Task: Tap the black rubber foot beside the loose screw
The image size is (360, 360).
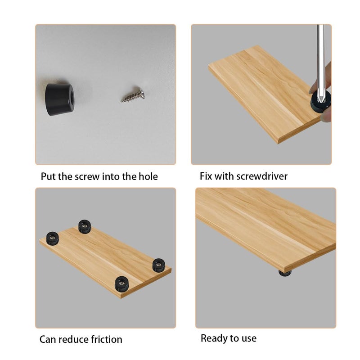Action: [59, 99]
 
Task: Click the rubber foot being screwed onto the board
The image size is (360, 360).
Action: [320, 101]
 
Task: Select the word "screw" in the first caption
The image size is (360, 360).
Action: [87, 177]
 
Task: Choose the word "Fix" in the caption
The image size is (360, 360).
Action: [206, 176]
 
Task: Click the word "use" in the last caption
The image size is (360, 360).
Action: [249, 339]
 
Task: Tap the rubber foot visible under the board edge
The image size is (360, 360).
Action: [285, 273]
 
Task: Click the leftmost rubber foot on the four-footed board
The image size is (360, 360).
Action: [53, 238]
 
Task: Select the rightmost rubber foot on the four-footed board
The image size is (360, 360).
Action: [159, 265]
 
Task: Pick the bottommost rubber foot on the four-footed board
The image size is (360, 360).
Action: [121, 284]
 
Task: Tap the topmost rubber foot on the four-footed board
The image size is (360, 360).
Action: [85, 226]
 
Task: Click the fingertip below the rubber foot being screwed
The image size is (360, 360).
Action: [326, 116]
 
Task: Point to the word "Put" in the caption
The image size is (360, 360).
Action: [49, 176]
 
